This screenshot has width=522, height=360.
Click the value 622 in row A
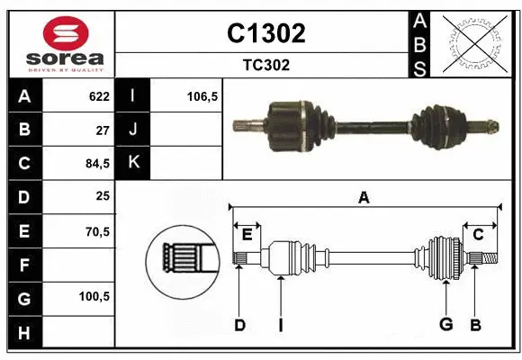[x=99, y=96]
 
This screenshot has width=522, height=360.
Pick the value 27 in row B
[x=103, y=130]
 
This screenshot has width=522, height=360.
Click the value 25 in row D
[x=103, y=197]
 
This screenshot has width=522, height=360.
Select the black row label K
[x=134, y=163]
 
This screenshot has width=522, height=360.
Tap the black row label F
[x=23, y=265]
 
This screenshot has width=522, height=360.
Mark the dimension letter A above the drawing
[x=364, y=198]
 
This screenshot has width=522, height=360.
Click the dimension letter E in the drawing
[x=247, y=235]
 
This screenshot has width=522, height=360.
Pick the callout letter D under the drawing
[x=239, y=324]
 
